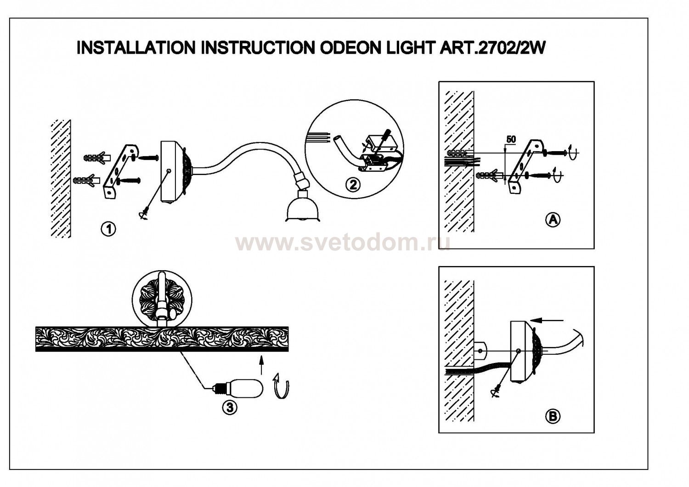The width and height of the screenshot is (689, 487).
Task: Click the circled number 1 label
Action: [x=108, y=228]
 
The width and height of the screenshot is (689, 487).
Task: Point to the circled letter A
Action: [x=553, y=220]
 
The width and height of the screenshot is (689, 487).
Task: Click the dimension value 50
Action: [x=510, y=139]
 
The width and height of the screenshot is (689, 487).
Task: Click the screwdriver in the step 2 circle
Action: [x=383, y=139]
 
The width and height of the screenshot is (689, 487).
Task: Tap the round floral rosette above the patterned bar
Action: [x=158, y=299]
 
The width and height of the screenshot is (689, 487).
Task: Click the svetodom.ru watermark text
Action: [x=342, y=242]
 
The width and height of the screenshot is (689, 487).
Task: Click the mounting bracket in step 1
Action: [x=119, y=171]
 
